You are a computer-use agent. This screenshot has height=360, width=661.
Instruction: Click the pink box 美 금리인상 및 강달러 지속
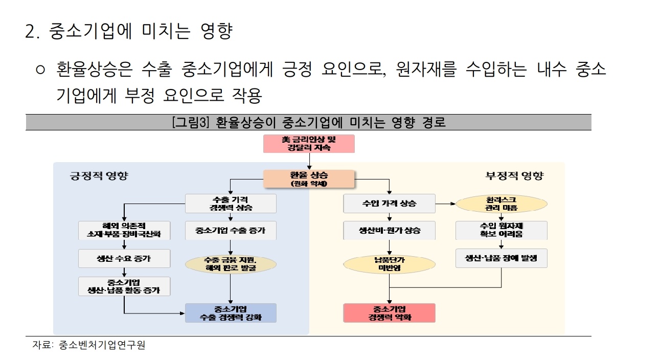click(x=309, y=144)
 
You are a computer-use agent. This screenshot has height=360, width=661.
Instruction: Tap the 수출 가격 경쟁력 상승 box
click(x=231, y=204)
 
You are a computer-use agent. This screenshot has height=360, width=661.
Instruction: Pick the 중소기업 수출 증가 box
click(x=231, y=230)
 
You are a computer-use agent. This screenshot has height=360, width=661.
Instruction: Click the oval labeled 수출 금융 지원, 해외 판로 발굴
click(x=231, y=264)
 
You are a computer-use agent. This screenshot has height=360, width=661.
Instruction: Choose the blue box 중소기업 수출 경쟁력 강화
click(x=231, y=313)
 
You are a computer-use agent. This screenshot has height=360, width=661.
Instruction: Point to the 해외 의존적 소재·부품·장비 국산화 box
click(x=124, y=230)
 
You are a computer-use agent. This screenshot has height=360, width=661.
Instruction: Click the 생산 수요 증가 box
click(x=124, y=258)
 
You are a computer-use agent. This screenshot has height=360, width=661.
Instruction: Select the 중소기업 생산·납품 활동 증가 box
click(x=124, y=286)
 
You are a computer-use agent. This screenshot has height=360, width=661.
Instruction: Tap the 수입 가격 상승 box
click(x=389, y=204)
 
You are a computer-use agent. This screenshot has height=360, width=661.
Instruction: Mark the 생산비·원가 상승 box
click(x=389, y=230)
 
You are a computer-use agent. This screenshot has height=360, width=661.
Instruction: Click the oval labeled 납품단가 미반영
click(x=389, y=264)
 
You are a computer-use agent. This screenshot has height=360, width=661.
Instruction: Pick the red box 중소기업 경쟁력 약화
click(x=389, y=313)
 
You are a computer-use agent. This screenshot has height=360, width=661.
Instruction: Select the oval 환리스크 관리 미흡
click(x=501, y=204)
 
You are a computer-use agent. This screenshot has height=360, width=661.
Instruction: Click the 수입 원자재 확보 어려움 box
click(x=501, y=230)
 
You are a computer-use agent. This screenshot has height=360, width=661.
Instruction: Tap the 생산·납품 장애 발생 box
click(x=501, y=258)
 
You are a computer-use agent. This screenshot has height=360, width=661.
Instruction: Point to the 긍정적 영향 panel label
click(x=99, y=176)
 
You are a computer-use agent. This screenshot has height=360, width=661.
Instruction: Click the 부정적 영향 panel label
click(x=514, y=176)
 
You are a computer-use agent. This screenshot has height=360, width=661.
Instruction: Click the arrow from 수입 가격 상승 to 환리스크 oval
click(x=445, y=204)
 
